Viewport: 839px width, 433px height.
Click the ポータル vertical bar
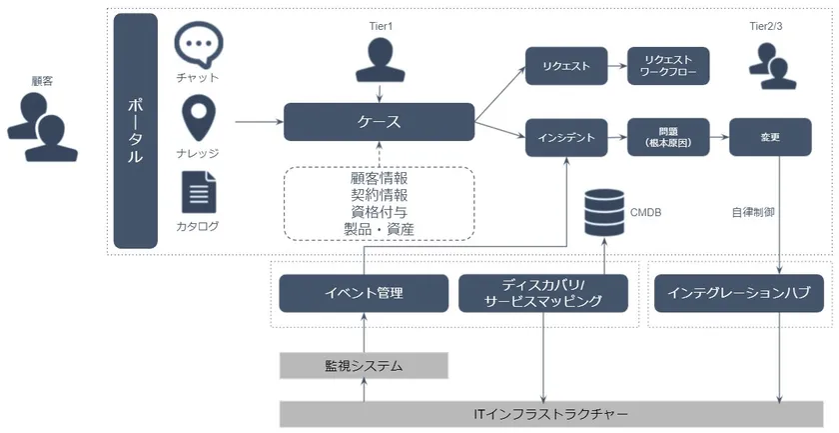coord(136,130)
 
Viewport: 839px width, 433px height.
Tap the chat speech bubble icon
coord(198,44)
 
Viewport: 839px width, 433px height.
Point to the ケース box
coord(379,122)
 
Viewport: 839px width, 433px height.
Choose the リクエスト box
coord(566,67)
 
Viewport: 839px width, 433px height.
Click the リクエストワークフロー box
coord(667,67)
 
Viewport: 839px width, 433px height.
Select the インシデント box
coord(566,137)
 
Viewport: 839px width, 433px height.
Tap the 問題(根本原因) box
coord(667,137)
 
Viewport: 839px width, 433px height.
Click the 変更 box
coord(769,137)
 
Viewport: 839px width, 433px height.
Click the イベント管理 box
coord(364,293)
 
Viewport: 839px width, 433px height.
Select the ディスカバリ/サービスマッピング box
coord(543,293)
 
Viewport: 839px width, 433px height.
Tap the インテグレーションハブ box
coord(739,293)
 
